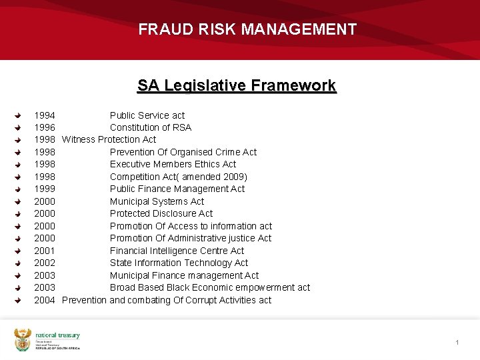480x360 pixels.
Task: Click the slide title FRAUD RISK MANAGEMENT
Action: pyautogui.click(x=247, y=29)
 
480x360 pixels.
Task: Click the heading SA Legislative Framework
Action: pyautogui.click(x=237, y=85)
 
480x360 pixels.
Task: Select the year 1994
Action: pyautogui.click(x=45, y=115)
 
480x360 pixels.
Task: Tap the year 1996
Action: pyautogui.click(x=45, y=127)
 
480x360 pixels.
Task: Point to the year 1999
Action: pyautogui.click(x=45, y=189)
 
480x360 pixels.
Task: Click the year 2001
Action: pyautogui.click(x=45, y=251)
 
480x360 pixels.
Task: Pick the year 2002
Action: pyautogui.click(x=45, y=263)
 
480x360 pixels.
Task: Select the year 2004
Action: pyautogui.click(x=45, y=300)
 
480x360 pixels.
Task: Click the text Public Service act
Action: pyautogui.click(x=147, y=115)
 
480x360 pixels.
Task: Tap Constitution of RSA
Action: pyautogui.click(x=151, y=127)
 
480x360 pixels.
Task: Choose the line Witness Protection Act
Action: pyautogui.click(x=109, y=139)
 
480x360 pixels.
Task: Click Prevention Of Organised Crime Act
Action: pyautogui.click(x=183, y=152)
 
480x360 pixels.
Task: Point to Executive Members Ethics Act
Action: pyautogui.click(x=173, y=164)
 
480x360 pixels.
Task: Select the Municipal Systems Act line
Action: pyautogui.click(x=157, y=201)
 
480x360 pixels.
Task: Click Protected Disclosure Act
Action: pyautogui.click(x=161, y=213)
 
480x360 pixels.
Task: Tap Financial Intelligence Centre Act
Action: pyautogui.click(x=177, y=251)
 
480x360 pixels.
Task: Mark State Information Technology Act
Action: pyautogui.click(x=179, y=263)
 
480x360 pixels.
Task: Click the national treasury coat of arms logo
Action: pyautogui.click(x=23, y=339)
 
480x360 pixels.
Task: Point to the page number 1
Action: pyautogui.click(x=457, y=343)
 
